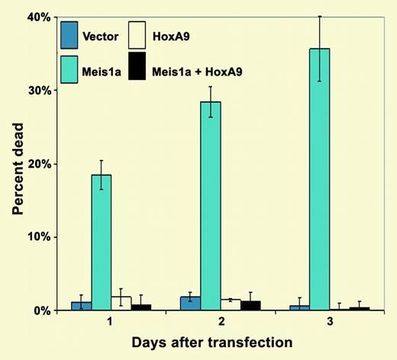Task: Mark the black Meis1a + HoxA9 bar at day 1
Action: (140, 307)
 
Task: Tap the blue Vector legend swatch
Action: (70, 34)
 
